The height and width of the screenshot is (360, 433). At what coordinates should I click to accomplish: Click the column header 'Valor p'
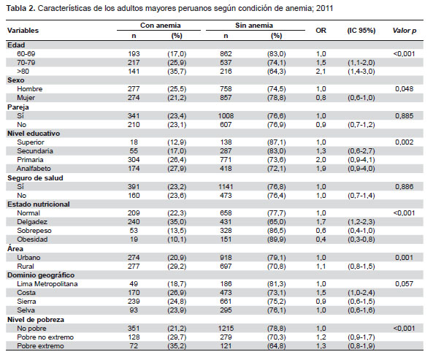point(405,31)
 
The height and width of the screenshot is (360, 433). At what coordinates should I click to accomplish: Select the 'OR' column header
point(321,31)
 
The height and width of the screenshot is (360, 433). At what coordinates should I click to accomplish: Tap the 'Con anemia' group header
point(160,26)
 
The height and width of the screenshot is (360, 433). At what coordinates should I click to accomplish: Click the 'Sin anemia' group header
point(254,26)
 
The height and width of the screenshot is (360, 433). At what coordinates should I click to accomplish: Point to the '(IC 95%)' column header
point(361,31)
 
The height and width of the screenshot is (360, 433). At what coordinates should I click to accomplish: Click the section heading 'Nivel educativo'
point(34,134)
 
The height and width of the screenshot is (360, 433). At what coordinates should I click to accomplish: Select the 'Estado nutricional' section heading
point(39,204)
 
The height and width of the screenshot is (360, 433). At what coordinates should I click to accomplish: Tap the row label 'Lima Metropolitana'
point(47,284)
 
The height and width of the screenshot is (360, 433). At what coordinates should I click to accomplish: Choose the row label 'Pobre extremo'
point(40,346)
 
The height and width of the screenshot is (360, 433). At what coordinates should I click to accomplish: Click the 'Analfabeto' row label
point(34,169)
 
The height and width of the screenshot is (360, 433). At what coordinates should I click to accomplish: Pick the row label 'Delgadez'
point(32,222)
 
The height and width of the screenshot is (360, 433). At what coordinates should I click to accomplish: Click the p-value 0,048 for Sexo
point(404,89)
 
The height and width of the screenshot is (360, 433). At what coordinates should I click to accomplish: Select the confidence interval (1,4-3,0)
point(361,72)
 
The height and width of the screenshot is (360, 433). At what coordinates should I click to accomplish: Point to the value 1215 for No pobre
point(226,329)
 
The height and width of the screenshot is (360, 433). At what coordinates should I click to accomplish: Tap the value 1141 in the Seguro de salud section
point(226,187)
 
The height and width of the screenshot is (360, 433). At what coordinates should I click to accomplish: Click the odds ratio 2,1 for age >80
point(321,72)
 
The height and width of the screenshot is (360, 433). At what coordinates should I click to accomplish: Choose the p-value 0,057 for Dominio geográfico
point(404,284)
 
